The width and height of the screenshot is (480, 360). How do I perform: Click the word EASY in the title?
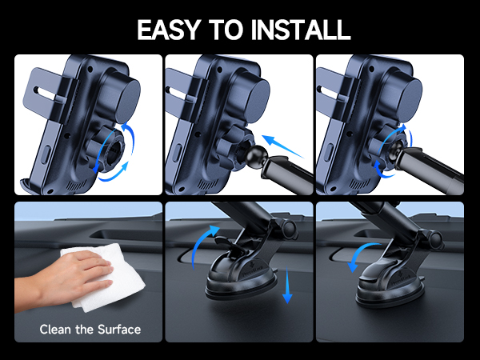coord(169,30)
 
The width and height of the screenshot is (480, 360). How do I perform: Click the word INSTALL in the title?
coord(301,30)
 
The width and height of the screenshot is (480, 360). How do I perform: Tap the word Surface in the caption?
coord(119,330)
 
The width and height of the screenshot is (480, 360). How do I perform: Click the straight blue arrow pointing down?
coord(287,285)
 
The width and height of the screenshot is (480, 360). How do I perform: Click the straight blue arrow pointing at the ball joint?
coord(283,146)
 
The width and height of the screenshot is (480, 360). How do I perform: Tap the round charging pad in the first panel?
coord(128,98)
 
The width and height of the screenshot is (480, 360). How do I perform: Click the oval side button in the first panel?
coord(46,155)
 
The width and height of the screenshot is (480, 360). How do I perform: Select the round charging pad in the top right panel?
coord(410,98)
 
